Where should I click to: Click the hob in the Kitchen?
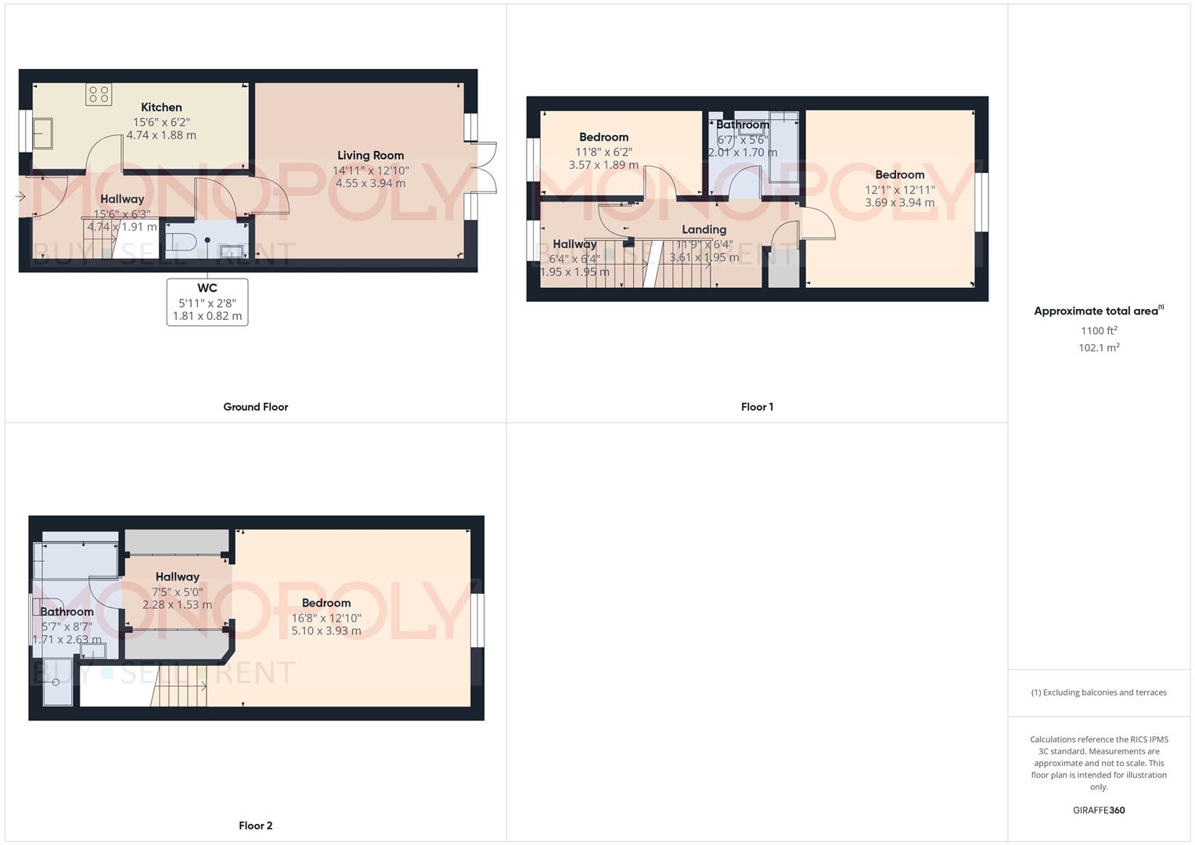coord(99,94)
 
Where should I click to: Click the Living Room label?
coord(370,155)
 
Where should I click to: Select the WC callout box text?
coord(207,302)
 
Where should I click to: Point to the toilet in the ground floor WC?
coord(176,239)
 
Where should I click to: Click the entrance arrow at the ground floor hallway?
coord(20,196)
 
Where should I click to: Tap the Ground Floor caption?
coord(255,407)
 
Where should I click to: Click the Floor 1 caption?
coord(757,407)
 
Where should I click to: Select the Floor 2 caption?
coord(255,825)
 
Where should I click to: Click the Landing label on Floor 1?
coord(704,229)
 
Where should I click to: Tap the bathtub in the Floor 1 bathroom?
coord(783,147)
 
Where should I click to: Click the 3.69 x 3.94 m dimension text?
coord(899,203)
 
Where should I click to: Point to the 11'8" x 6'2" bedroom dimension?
coord(603,152)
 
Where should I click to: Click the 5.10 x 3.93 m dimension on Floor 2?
coord(326,631)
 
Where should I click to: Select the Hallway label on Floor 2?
coord(177,577)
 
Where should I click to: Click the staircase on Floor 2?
coord(179,687)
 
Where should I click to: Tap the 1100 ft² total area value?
coord(1099,331)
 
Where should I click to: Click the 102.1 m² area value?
coord(1099,348)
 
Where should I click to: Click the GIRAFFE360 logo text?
coord(1099,811)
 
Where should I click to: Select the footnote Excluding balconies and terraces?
coord(1099,692)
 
